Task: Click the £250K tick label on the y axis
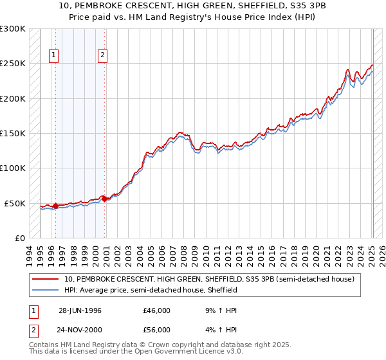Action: (13, 64)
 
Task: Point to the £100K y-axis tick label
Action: (13, 168)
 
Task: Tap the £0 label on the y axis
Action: (19, 239)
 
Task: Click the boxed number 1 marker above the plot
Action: (55, 56)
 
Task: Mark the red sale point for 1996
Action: (56, 206)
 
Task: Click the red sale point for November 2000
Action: (104, 199)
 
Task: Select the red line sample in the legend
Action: (45, 280)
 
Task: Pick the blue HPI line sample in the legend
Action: (45, 291)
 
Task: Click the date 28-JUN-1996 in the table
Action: (80, 310)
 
